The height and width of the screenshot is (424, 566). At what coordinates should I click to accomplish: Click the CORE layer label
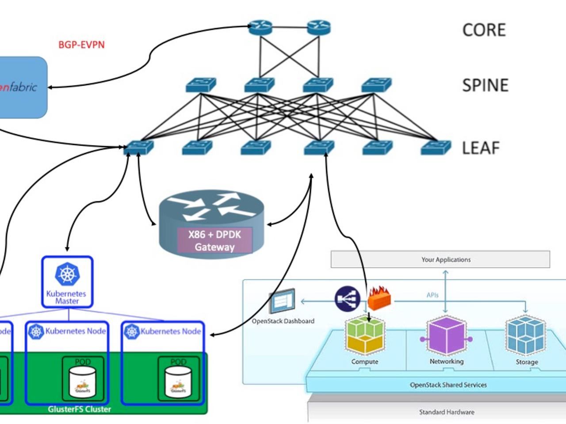pyautogui.click(x=484, y=30)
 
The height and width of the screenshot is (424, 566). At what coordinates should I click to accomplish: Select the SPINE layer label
pyautogui.click(x=485, y=85)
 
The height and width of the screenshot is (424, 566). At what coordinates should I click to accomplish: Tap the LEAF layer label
pyautogui.click(x=481, y=148)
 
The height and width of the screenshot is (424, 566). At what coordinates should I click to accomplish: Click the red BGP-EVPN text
pyautogui.click(x=81, y=45)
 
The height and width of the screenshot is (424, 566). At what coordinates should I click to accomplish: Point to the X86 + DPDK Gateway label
pyautogui.click(x=214, y=241)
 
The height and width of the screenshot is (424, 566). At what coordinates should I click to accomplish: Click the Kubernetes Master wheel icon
pyautogui.click(x=67, y=274)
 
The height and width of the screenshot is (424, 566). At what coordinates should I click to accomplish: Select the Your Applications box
pyautogui.click(x=440, y=259)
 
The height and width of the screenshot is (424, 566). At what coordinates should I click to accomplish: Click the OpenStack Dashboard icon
pyautogui.click(x=282, y=301)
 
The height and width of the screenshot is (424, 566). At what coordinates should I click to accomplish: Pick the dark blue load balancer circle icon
pyautogui.click(x=347, y=299)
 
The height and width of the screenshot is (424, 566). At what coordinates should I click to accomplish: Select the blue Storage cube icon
pyautogui.click(x=526, y=336)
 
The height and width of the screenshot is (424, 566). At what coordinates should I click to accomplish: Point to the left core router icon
pyautogui.click(x=260, y=28)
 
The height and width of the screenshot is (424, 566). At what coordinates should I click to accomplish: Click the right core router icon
pyautogui.click(x=319, y=28)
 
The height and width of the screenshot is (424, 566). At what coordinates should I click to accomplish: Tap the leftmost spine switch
pyautogui.click(x=201, y=85)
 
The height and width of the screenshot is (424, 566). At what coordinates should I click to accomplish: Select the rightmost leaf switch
pyautogui.click(x=436, y=148)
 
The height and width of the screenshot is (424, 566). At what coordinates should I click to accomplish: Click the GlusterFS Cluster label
pyautogui.click(x=80, y=409)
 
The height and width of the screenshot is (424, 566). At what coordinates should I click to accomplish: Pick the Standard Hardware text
pyautogui.click(x=447, y=412)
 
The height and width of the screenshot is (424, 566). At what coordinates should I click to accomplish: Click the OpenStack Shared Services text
pyautogui.click(x=448, y=385)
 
